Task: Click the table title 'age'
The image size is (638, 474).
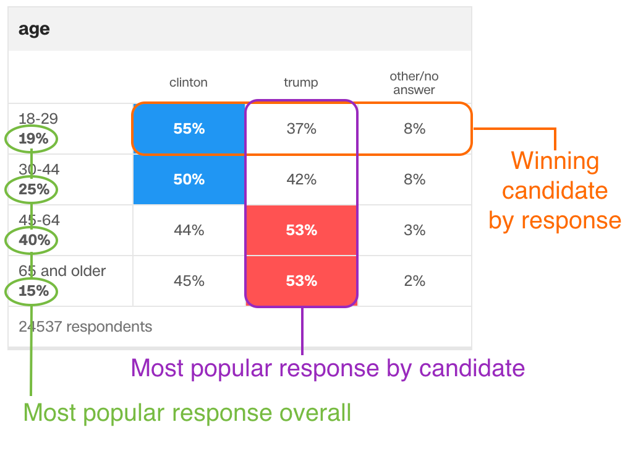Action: click(x=34, y=29)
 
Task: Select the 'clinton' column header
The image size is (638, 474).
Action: click(x=189, y=83)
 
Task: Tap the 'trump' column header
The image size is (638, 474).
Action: click(x=301, y=83)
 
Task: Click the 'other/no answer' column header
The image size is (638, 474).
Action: click(x=414, y=83)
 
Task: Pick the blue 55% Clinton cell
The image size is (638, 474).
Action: click(x=189, y=129)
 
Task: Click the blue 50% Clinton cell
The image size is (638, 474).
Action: click(x=189, y=179)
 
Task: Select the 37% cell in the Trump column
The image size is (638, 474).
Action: click(x=302, y=129)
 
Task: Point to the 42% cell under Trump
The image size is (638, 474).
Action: click(x=302, y=179)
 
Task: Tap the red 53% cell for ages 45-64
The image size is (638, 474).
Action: click(x=302, y=230)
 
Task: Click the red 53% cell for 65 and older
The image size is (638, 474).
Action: click(x=302, y=280)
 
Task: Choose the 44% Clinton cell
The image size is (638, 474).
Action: click(x=189, y=230)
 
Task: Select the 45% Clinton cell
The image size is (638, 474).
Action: click(x=189, y=280)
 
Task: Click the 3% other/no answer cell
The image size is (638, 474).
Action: click(x=415, y=230)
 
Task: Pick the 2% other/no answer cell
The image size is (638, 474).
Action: click(x=415, y=280)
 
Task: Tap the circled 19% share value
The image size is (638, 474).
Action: click(x=33, y=139)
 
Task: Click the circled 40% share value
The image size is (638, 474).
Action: click(x=34, y=240)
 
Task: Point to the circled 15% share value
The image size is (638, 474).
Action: click(x=34, y=291)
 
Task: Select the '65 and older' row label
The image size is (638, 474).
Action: click(x=62, y=271)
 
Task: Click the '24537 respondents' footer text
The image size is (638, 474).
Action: click(x=85, y=327)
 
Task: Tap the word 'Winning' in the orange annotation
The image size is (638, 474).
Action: click(x=555, y=162)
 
